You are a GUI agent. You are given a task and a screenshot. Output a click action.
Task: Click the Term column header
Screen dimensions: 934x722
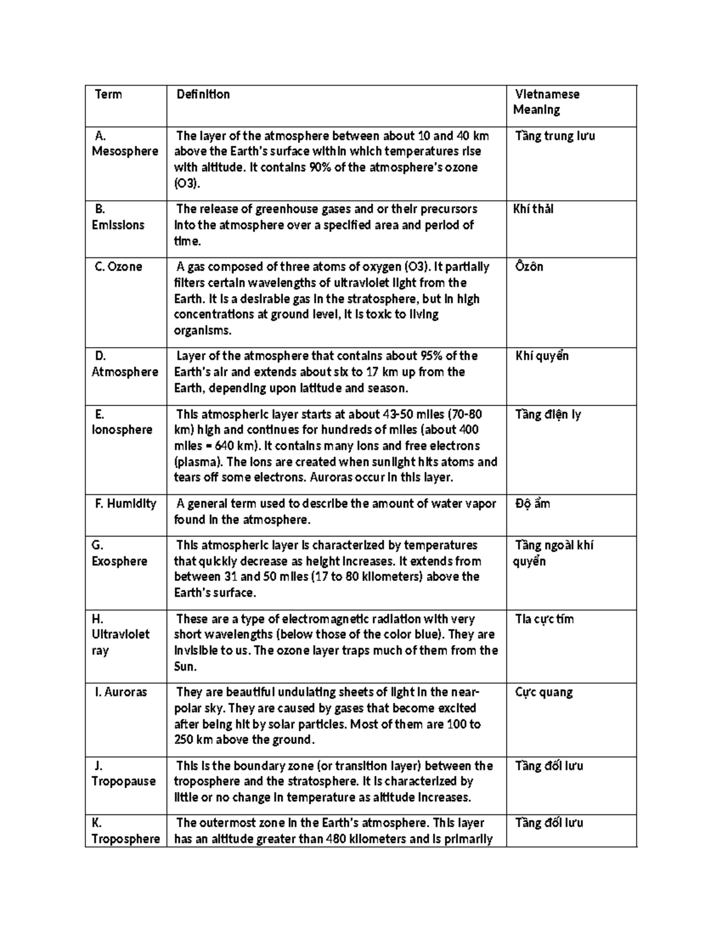coord(108,94)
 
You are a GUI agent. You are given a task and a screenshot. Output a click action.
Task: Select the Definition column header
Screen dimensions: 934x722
coord(203,94)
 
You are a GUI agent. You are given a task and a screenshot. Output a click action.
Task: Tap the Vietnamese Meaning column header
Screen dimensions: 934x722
coord(546,102)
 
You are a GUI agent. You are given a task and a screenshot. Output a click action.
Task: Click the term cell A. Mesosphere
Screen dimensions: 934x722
coord(125,144)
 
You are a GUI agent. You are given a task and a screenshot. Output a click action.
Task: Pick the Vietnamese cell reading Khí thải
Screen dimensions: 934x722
coord(533,209)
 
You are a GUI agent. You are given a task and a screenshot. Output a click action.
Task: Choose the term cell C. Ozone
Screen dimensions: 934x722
coord(119,267)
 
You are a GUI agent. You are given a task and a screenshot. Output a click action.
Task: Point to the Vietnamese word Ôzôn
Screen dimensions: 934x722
coord(529,267)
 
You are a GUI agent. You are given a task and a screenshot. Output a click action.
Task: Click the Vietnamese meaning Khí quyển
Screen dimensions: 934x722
coord(541,356)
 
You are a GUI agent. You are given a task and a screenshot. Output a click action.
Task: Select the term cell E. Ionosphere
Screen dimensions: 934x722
coord(122,422)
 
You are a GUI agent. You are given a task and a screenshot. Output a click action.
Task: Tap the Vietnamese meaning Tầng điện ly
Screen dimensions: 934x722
coord(548,414)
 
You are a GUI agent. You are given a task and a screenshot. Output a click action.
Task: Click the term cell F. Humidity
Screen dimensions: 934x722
coord(125,504)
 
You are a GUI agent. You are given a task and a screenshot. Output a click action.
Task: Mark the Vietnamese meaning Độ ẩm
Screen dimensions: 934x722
coord(532,504)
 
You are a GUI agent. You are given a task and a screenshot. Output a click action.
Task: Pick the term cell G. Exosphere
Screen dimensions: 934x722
coord(119,553)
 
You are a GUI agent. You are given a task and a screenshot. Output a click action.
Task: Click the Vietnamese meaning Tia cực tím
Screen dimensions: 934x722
coord(545,619)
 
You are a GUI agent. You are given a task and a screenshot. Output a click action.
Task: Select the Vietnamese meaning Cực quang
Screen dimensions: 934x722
coord(544,692)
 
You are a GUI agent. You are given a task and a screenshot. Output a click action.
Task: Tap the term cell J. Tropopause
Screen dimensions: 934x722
coord(123,773)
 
